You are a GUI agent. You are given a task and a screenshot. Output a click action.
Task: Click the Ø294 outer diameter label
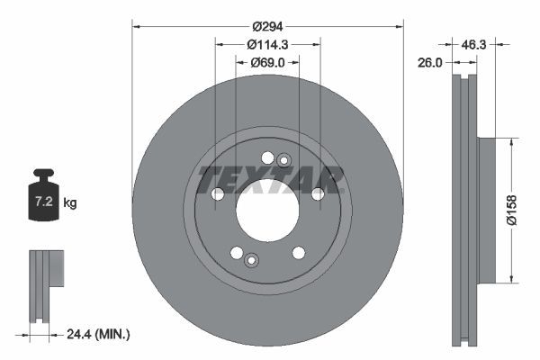point(267,27)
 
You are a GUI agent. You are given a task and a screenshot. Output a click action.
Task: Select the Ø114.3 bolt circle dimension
point(267,44)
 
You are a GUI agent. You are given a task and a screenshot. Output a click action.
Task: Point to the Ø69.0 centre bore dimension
point(267,61)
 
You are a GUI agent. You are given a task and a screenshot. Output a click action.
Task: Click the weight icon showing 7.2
point(43,194)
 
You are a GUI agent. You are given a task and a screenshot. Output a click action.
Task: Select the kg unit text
point(70,203)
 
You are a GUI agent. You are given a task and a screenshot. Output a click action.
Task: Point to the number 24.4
point(82,335)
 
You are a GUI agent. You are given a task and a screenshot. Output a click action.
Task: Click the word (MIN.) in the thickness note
point(114,335)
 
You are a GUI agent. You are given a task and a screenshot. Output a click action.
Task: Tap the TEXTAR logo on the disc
point(271,179)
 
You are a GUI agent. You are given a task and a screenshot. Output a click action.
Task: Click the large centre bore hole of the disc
point(267,209)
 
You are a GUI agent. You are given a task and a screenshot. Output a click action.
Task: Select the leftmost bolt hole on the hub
point(217,194)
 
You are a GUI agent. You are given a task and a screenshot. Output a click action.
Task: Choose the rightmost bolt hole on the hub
point(318,193)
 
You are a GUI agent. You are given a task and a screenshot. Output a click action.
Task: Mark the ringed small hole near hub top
point(283,161)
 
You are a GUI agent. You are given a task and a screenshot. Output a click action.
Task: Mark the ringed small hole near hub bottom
point(251,260)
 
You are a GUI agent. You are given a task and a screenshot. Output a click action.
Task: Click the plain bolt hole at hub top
point(267,158)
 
